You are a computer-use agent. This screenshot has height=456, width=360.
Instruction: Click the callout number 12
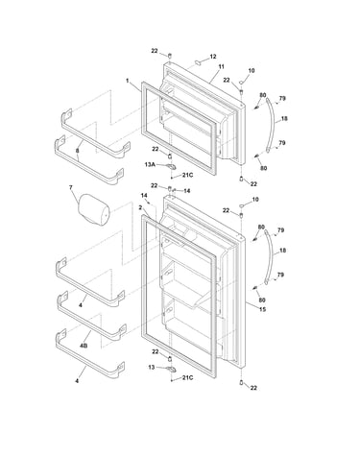pos(213,57)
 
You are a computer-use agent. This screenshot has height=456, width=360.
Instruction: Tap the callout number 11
pos(221,66)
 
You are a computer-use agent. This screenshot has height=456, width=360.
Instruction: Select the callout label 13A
pos(150,164)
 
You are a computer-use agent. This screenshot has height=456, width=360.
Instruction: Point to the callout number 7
pos(71,187)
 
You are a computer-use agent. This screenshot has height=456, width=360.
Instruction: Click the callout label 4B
pos(84,346)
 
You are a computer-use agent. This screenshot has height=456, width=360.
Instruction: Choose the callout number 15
pos(262,309)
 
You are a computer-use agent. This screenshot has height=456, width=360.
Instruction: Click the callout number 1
pos(128,81)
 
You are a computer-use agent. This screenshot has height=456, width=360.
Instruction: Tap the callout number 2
pos(140,207)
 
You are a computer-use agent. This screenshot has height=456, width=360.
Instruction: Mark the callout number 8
pos(78,151)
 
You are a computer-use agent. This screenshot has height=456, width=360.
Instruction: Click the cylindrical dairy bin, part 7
pos(93,209)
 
